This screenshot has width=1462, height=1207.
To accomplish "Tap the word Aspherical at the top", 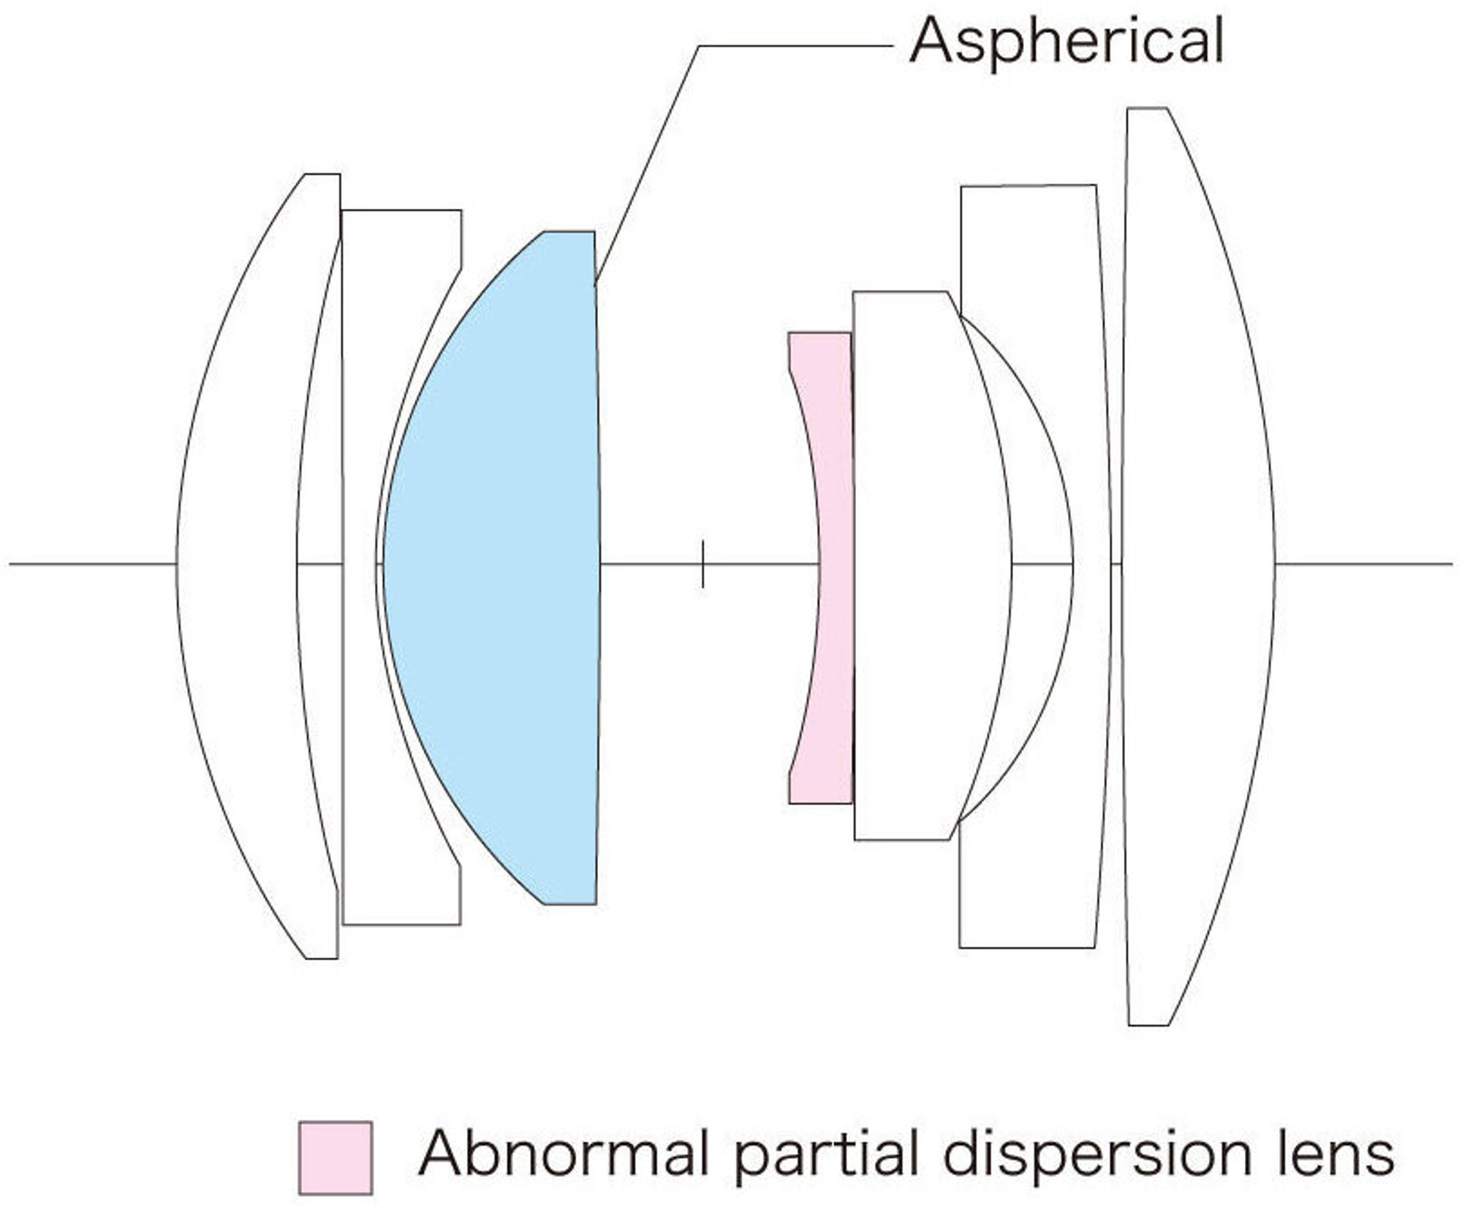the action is [x=1066, y=42].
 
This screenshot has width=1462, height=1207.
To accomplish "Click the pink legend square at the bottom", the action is [x=336, y=1157].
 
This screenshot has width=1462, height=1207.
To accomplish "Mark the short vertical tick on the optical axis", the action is [x=702, y=564].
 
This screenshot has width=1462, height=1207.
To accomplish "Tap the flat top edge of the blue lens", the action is [x=569, y=232].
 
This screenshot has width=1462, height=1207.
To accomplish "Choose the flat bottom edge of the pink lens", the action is [x=820, y=804].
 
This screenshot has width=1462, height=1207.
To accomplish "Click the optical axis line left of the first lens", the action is [x=93, y=564].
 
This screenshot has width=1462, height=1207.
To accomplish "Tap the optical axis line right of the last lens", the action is [x=1364, y=564].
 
